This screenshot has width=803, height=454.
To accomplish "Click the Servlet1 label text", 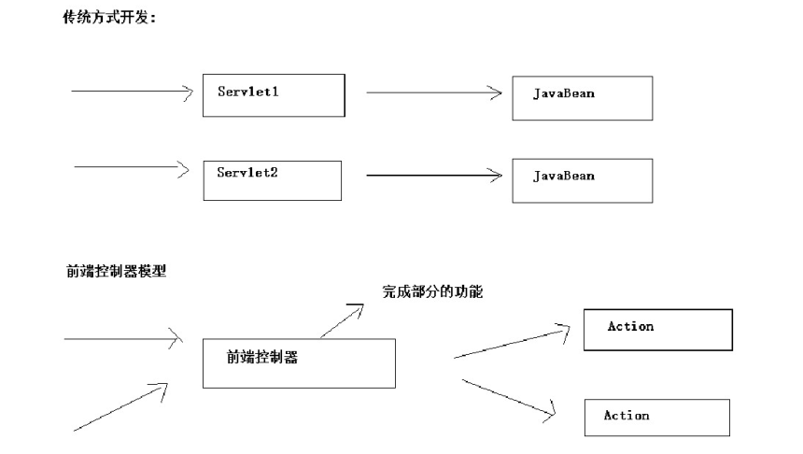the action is [x=247, y=92].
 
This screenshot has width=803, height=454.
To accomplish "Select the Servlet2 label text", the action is [x=247, y=172].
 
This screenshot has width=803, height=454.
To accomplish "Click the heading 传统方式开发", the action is [x=109, y=18].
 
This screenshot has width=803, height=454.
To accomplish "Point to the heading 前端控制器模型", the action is [x=117, y=271].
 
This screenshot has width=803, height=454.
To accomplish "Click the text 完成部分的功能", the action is [x=432, y=291].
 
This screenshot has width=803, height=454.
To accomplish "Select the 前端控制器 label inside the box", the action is [x=262, y=357].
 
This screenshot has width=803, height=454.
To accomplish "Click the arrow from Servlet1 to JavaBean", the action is [x=434, y=92].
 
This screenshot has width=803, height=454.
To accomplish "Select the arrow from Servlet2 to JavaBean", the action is [x=434, y=176].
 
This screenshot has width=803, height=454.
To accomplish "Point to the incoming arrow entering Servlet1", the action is [x=133, y=92].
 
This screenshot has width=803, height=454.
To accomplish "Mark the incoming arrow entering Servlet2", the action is [x=132, y=167].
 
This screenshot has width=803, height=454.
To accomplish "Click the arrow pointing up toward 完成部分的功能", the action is [x=342, y=320].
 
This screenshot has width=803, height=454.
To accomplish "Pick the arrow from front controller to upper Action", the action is [x=512, y=344].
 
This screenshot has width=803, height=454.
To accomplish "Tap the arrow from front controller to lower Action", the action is [x=509, y=398].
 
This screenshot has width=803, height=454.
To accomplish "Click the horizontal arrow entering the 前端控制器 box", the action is [x=123, y=339].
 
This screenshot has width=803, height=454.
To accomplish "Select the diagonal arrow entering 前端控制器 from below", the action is [x=120, y=407].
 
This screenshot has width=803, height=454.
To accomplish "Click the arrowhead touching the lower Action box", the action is [x=551, y=412].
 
